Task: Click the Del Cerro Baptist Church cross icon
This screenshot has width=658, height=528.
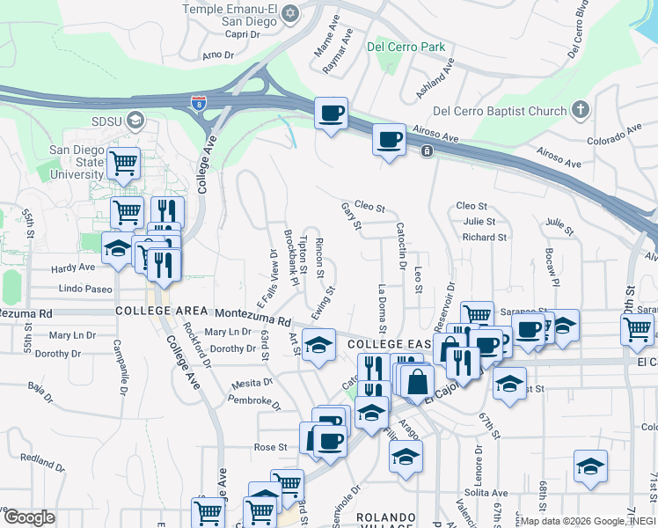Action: click(x=580, y=110)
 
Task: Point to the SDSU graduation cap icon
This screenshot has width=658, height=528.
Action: click(x=135, y=119)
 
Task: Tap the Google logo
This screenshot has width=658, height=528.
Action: click(x=28, y=517)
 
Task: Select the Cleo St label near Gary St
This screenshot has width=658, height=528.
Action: click(x=369, y=208)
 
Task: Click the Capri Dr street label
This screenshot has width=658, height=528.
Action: click(x=243, y=34)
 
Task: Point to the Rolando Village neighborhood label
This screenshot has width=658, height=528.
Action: click(x=384, y=522)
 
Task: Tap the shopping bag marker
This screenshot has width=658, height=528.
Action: click(x=420, y=381)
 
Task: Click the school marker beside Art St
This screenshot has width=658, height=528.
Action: click(x=318, y=343)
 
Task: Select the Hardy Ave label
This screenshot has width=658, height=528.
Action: click(x=74, y=267)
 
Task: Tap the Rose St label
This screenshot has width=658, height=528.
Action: click(x=271, y=447)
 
